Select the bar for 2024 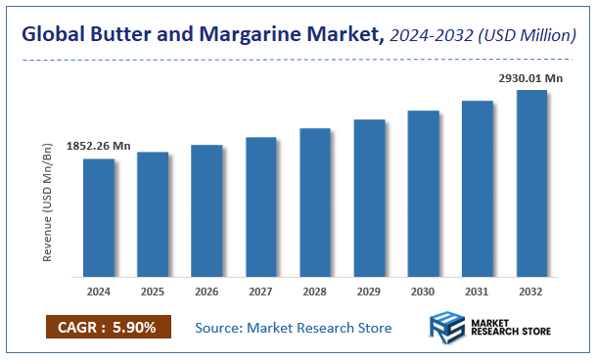click(99, 217)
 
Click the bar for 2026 click(207, 210)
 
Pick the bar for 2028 click(315, 202)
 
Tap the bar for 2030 click(423, 194)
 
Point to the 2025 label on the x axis click(153, 291)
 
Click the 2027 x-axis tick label click(260, 291)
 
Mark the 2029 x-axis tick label click(369, 291)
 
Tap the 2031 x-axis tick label click(477, 291)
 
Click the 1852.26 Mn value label click(99, 146)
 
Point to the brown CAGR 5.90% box click(108, 327)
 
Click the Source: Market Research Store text click(294, 327)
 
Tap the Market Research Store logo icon click(449, 327)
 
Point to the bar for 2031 click(477, 189)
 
